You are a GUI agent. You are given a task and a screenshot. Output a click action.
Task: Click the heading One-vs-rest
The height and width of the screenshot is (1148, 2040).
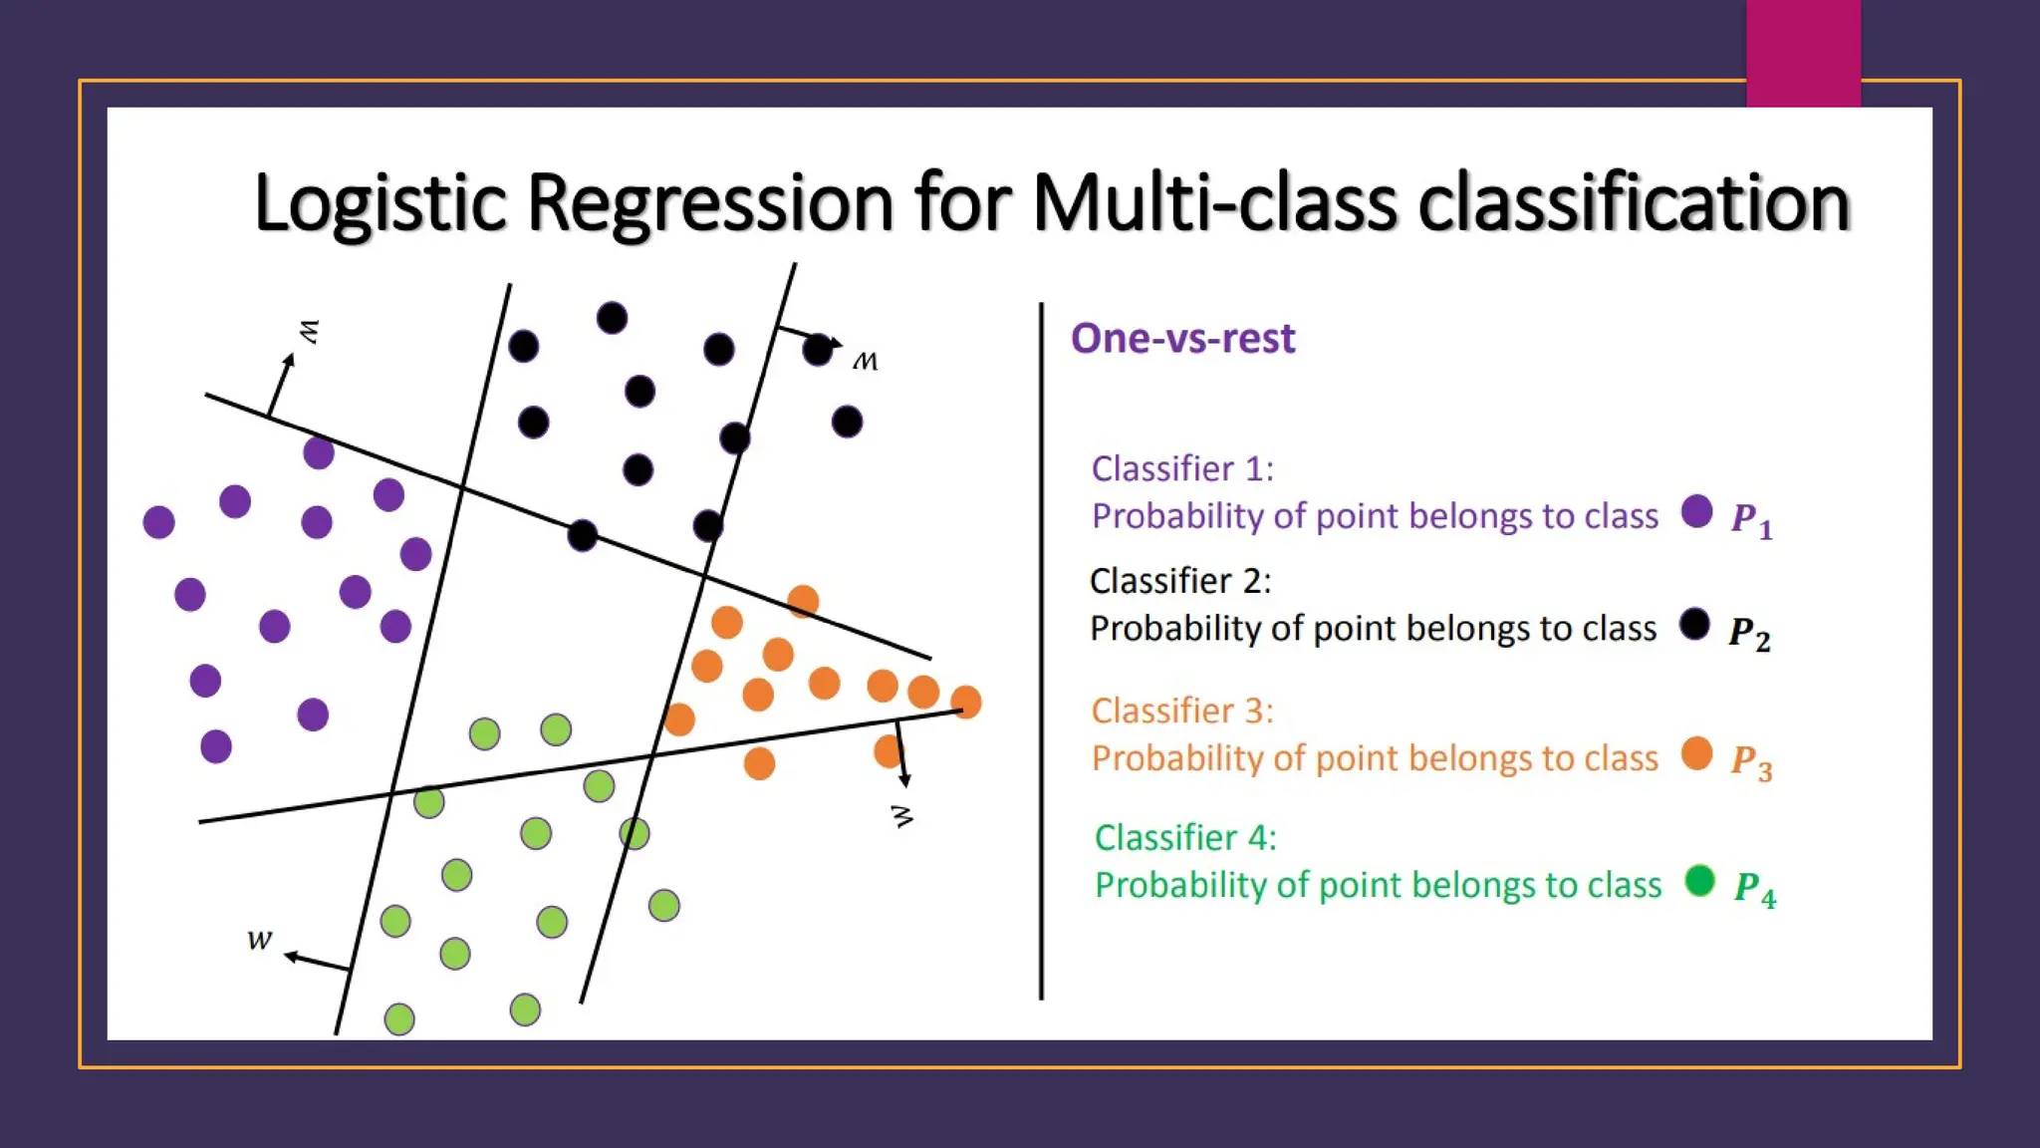tap(1182, 339)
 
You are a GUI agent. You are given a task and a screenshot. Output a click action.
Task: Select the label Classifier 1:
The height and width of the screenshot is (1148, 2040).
tap(1182, 468)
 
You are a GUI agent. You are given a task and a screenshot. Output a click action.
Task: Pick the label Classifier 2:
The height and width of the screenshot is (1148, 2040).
tap(1180, 580)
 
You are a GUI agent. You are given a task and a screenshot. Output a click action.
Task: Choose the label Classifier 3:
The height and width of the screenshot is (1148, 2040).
tap(1182, 711)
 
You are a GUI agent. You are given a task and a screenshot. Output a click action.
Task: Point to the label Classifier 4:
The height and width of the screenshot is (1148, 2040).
tap(1185, 837)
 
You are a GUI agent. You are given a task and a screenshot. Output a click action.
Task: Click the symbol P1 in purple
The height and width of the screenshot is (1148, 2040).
tap(1751, 519)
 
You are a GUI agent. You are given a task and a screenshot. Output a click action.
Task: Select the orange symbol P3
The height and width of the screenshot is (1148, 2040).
tap(1751, 762)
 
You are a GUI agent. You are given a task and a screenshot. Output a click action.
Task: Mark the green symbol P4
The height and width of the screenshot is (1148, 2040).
tap(1754, 888)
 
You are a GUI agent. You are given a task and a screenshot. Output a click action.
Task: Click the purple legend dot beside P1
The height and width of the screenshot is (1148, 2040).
tap(1696, 511)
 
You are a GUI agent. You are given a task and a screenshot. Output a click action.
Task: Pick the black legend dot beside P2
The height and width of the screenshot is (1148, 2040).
tap(1694, 625)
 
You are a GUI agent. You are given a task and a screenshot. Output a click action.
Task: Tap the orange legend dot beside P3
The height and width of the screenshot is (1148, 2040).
tap(1696, 753)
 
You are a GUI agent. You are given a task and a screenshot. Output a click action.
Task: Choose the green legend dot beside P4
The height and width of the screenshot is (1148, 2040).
tap(1699, 880)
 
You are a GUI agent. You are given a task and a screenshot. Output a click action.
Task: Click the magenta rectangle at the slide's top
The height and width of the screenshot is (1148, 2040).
tap(1803, 52)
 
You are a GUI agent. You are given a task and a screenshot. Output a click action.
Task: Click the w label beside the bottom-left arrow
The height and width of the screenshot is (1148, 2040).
tap(259, 940)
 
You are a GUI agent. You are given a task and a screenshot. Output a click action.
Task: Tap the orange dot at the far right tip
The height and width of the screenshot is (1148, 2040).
tap(965, 702)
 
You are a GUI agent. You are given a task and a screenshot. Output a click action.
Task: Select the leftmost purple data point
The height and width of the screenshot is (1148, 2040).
tap(159, 521)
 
